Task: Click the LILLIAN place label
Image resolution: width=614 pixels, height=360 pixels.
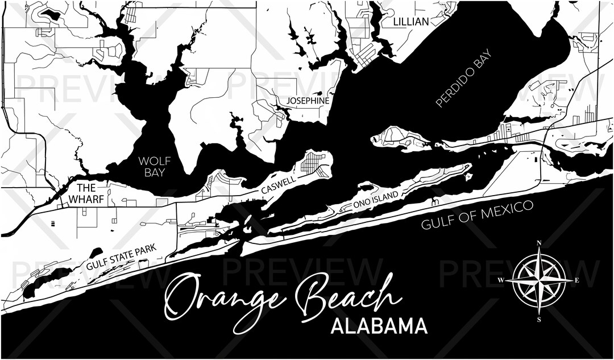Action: tap(410, 22)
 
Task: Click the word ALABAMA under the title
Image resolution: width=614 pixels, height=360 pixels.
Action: tap(379, 326)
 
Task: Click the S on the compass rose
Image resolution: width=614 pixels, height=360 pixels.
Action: tap(538, 319)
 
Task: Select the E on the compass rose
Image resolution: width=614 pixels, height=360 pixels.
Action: tap(576, 280)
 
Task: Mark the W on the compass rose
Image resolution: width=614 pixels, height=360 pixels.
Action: tap(501, 280)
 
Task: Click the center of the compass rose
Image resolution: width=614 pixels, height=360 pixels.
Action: tap(538, 281)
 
